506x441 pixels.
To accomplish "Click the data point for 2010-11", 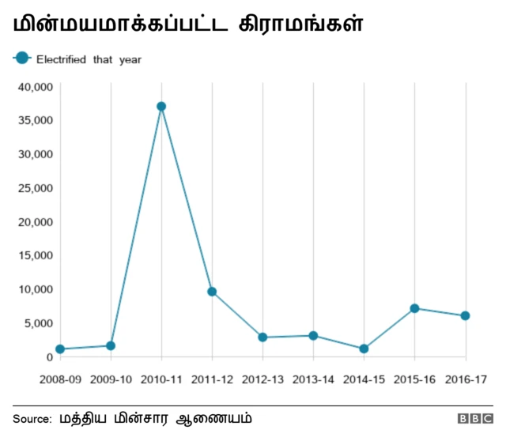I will tap(161, 107).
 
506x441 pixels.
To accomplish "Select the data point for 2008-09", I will tap(60, 349).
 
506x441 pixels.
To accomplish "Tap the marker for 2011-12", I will tap(212, 292).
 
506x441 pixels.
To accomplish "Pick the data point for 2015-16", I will tap(414, 308).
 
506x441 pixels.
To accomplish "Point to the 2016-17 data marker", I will tap(465, 316).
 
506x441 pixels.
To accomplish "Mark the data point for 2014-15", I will tap(364, 349).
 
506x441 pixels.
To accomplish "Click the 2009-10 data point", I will tap(111, 345).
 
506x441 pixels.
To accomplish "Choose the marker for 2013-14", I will tap(313, 336).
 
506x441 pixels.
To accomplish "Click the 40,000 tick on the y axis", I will tap(35, 86).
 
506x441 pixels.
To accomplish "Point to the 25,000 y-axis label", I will tap(35, 188).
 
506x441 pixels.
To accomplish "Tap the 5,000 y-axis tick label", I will tap(38, 323).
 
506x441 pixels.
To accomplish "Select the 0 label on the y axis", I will tap(49, 357).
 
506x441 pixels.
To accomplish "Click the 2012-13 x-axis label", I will tap(262, 379).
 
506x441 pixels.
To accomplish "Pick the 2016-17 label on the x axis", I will tap(465, 379).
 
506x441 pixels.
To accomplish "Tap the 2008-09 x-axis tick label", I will tap(60, 379).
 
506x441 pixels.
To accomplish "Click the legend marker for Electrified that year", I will tap(22, 58).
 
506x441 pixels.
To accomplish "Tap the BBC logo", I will tap(474, 418).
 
